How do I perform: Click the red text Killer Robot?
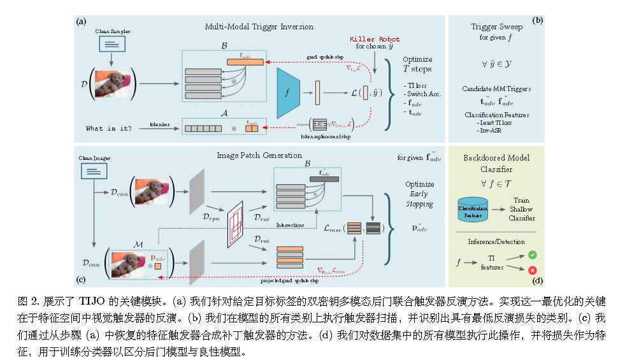375,39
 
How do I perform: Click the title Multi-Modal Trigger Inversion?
259,27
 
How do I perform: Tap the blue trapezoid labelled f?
289,92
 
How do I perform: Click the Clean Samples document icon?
111,44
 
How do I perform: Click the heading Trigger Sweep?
497,27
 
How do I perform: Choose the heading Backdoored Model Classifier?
497,162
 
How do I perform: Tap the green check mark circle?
533,255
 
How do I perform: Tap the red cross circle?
533,271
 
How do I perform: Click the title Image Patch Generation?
259,154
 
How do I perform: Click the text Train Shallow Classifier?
521,209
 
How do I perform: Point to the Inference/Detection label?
497,241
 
